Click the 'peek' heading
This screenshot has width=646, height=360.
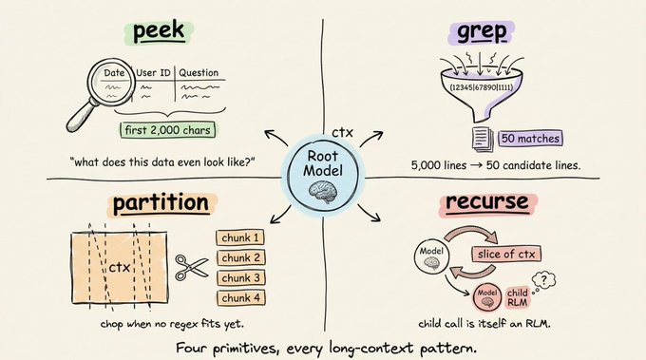coord(159,31)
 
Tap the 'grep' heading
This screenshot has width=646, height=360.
coord(482,32)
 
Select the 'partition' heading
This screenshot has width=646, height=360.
coord(161,203)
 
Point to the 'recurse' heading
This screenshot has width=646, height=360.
coord(487,202)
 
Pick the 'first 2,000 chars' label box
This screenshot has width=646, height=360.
coord(168,130)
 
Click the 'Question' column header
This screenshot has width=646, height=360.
coord(199,73)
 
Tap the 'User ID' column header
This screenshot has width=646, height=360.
coord(153,73)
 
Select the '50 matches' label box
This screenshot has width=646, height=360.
coord(530,139)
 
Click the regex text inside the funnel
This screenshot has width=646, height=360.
coord(482,87)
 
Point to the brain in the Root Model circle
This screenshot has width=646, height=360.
coord(323,192)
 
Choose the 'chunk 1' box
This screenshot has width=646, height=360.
coord(240,238)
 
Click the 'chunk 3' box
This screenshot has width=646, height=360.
coord(241,278)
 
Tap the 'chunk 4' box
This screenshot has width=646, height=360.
coord(241,298)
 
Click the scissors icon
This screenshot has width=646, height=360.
coord(192,267)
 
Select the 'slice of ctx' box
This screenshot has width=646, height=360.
coord(506,255)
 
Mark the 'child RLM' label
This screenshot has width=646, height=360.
coord(517,297)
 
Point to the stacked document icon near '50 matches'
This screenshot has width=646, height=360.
coord(483,140)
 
